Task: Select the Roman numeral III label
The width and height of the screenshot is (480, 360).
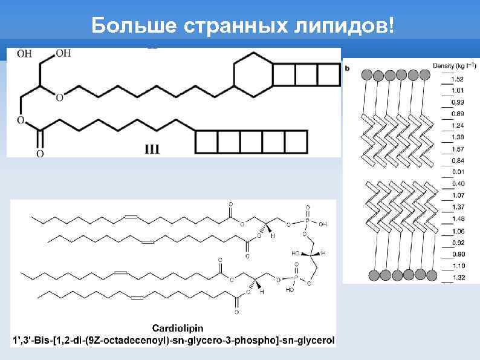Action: [152, 149]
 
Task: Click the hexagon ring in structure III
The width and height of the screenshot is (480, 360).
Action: [253, 76]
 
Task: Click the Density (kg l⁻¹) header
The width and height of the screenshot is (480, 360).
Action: [454, 65]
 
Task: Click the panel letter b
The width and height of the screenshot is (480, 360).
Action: [347, 68]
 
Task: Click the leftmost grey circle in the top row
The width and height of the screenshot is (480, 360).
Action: [366, 75]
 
